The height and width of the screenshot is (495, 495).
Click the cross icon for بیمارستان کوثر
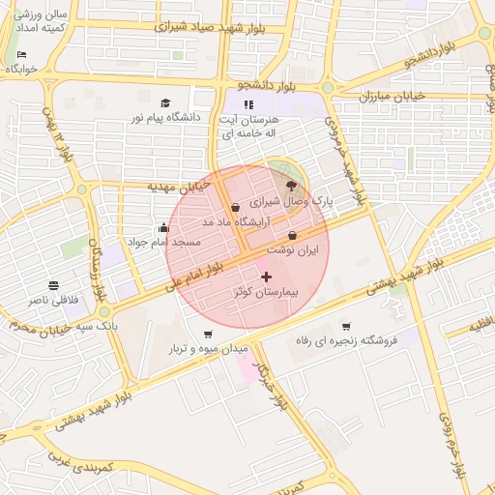267,277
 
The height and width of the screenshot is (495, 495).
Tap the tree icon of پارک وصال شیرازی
292,186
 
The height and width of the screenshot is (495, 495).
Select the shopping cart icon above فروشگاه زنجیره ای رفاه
346,326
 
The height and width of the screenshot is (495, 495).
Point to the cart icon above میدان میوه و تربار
209,335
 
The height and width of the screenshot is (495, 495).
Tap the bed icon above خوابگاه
21,55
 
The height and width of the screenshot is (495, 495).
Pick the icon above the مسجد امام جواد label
161,228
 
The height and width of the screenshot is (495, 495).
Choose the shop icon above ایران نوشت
293,235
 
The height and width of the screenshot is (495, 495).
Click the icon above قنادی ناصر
53,286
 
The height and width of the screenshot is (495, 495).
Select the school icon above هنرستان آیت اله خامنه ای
248,103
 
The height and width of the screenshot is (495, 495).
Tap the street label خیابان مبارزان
393,96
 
